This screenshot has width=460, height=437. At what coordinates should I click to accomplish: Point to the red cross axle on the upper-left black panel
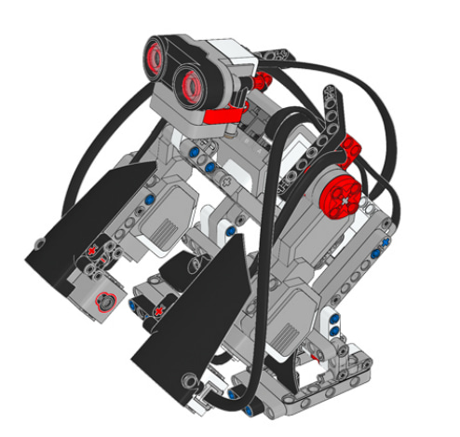click(93, 250)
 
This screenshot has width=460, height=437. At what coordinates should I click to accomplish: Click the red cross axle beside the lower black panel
click(159, 309)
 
